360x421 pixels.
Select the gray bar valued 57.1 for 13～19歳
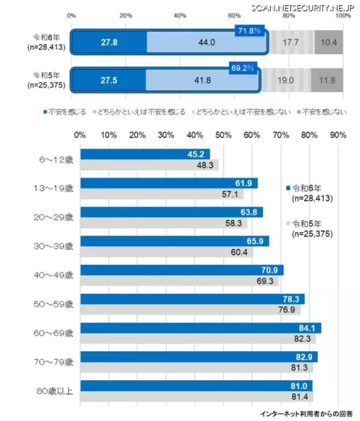pyautogui.click(x=162, y=194)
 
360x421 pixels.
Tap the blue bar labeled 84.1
pyautogui.click(x=200, y=328)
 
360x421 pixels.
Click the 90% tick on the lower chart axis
pyautogui.click(x=338, y=135)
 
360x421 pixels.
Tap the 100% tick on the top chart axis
pyautogui.click(x=343, y=16)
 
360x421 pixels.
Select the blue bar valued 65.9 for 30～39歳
pyautogui.click(x=175, y=241)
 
